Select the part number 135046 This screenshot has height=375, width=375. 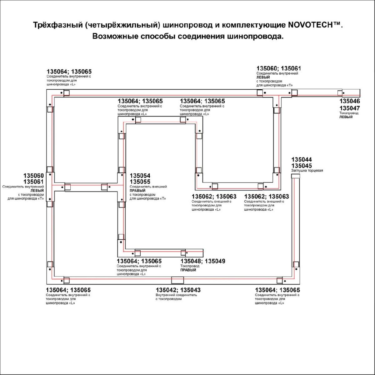350,101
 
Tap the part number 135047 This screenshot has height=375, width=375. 350,108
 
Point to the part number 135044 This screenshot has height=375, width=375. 301,160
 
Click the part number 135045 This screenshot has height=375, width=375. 301,166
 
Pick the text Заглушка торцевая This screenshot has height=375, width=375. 307,171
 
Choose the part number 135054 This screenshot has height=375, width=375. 140,176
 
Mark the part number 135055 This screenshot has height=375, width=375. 140,182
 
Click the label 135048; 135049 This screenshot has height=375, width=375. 202,261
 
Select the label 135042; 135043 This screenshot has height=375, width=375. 178,290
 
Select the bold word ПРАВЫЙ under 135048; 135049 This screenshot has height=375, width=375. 188,270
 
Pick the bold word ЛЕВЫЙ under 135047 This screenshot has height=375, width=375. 346,117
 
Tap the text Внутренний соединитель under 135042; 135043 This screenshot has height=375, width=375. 176,295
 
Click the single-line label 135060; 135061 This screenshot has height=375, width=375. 279,68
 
